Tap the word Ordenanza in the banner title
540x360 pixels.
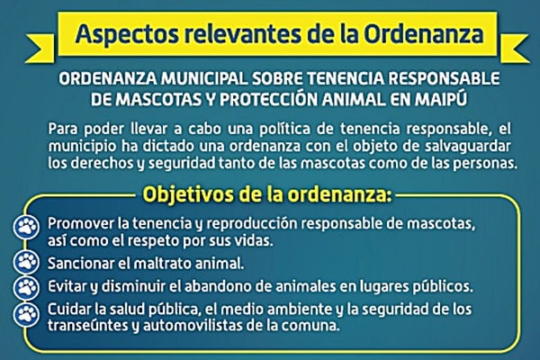424,34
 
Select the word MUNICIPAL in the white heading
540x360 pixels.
204,79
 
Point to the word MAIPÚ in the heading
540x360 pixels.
440,98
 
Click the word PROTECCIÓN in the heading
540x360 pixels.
268,99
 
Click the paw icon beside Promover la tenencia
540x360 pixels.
26,227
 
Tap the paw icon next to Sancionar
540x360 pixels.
26,262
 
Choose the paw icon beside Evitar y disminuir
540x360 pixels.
26,288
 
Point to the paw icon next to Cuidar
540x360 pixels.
26,314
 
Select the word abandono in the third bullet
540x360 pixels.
213,286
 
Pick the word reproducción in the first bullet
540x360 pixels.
252,224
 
